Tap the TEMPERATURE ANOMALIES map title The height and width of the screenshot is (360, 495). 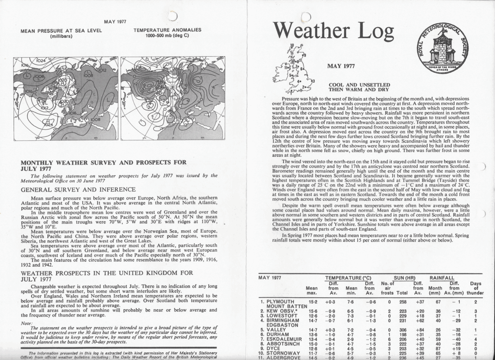click(167, 30)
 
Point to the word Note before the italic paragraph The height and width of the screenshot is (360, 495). click(27, 323)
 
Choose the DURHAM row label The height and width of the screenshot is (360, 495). click(278, 334)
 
